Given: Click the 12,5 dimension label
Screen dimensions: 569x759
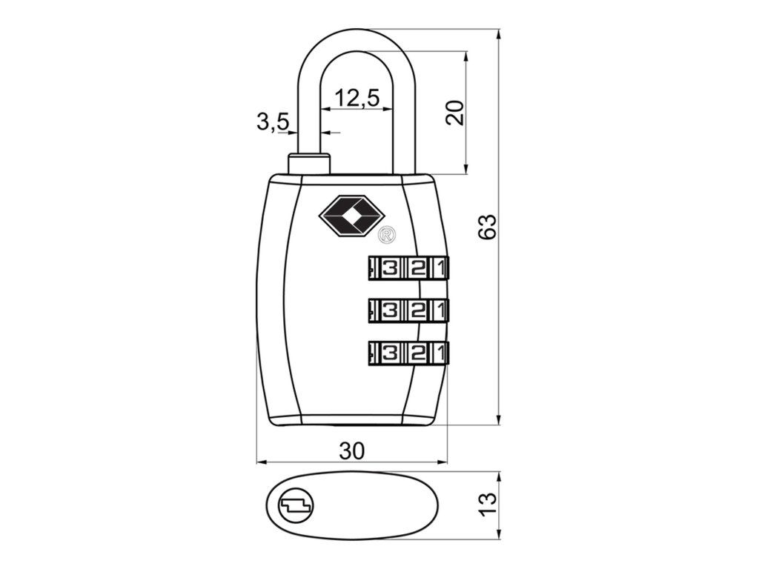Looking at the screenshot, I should click(357, 97).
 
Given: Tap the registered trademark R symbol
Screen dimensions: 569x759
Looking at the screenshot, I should click(387, 236).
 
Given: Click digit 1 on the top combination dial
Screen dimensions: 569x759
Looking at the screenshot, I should click(441, 268).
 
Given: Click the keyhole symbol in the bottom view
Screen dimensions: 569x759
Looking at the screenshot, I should click(295, 506).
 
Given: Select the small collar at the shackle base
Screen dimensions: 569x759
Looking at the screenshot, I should click(308, 162).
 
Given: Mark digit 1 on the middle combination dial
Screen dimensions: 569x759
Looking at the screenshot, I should click(441, 310).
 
